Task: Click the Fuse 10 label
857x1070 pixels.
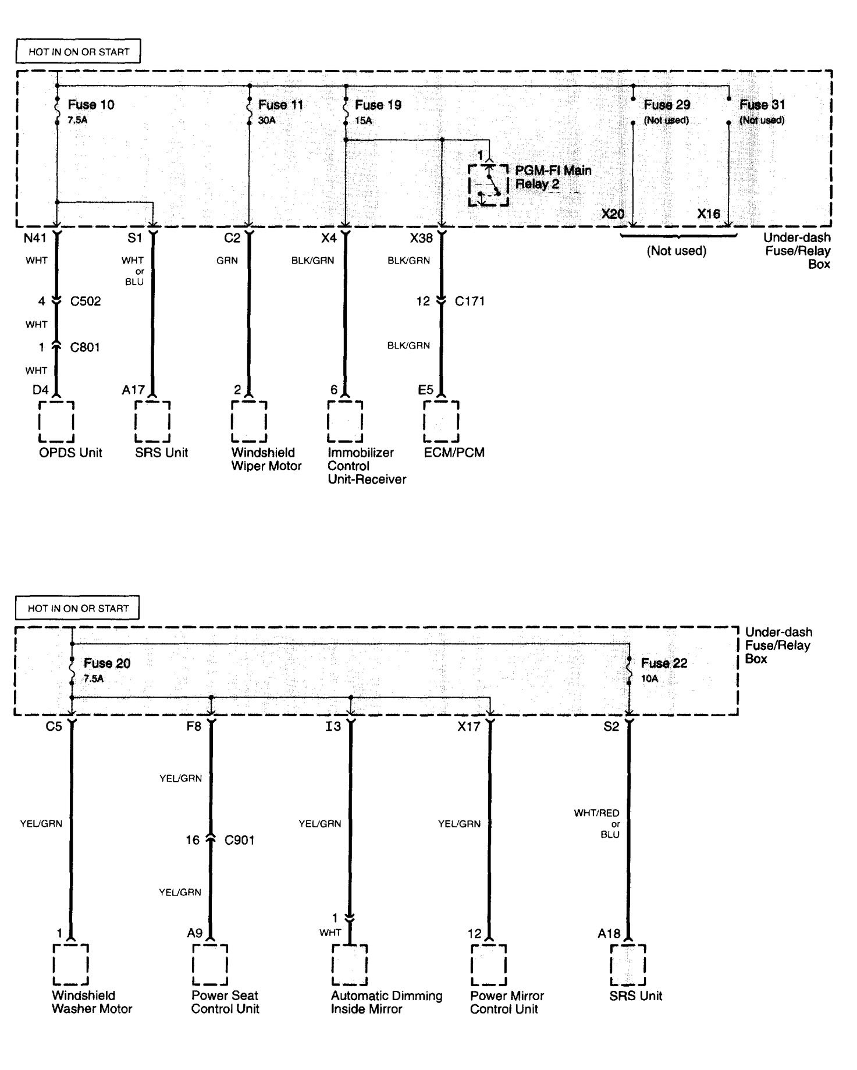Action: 91,105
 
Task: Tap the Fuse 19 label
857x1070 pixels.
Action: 378,105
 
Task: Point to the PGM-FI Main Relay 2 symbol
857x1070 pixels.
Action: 488,185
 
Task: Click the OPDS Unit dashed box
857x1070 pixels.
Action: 56,421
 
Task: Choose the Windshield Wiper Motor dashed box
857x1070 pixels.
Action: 249,421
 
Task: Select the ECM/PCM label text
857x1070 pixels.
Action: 454,453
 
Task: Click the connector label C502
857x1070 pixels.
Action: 86,301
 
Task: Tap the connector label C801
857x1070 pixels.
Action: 85,347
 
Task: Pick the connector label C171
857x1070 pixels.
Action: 470,301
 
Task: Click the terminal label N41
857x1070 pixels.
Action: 35,238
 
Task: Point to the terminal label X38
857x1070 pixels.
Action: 421,238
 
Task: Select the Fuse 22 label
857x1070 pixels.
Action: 664,663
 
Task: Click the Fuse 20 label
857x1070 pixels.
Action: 107,663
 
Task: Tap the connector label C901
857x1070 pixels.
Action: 239,840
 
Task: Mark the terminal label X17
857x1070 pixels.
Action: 469,726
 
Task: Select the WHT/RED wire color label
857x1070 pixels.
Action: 597,813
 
